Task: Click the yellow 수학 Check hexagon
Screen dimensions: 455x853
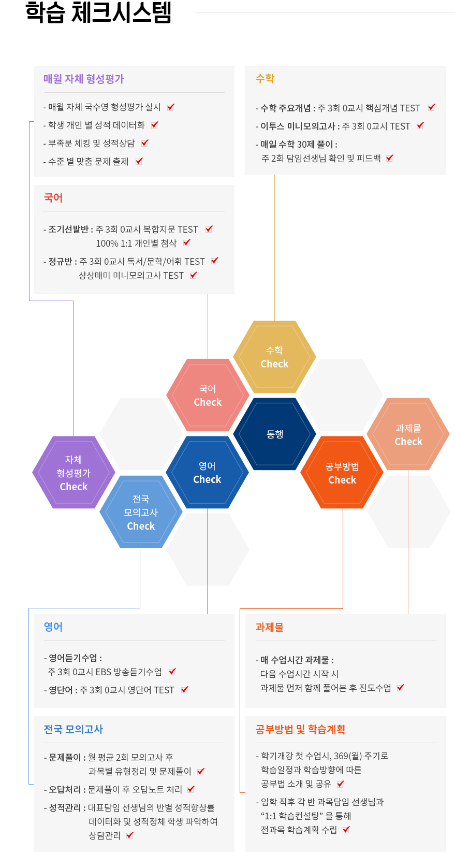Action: tap(274, 357)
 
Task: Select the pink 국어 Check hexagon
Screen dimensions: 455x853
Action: tap(208, 395)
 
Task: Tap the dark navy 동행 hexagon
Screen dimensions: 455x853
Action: tap(274, 434)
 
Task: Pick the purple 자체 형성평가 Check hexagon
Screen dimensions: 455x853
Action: tap(74, 472)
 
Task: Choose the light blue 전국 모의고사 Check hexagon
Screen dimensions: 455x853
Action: tap(141, 511)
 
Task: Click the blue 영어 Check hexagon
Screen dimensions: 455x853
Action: tap(208, 472)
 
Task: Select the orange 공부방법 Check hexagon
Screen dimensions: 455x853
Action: tap(342, 472)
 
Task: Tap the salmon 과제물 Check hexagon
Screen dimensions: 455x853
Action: tap(408, 434)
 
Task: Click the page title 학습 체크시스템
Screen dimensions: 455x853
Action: tap(98, 12)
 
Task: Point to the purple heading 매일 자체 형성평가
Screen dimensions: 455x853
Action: tap(84, 79)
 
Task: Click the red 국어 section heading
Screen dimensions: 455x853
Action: tap(53, 197)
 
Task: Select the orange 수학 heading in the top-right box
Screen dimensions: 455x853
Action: tap(265, 78)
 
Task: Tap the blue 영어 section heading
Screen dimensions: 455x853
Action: tap(53, 627)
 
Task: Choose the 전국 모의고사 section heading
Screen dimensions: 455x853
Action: tap(74, 729)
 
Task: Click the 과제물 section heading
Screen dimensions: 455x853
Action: tap(269, 627)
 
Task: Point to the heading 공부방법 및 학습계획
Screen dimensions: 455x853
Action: tap(300, 729)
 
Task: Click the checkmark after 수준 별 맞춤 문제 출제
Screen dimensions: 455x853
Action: tap(139, 161)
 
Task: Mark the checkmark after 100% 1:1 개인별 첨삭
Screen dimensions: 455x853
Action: tap(187, 243)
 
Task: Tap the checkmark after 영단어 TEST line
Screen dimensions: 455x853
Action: tap(185, 690)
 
